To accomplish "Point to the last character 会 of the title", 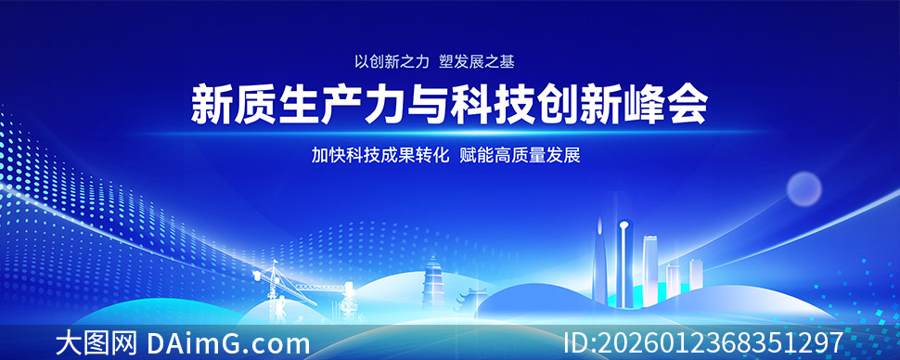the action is click(686, 104).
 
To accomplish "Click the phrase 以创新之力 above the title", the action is click(392, 62).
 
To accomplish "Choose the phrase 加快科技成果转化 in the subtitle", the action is click(380, 155).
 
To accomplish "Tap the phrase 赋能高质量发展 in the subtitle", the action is click(520, 155).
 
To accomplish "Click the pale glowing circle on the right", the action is click(804, 189).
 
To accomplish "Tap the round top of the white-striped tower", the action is click(624, 225).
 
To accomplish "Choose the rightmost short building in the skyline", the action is click(696, 274).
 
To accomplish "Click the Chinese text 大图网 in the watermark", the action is click(96, 344).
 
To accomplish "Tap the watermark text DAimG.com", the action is click(228, 344).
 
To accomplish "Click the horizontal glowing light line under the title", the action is click(450, 133).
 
